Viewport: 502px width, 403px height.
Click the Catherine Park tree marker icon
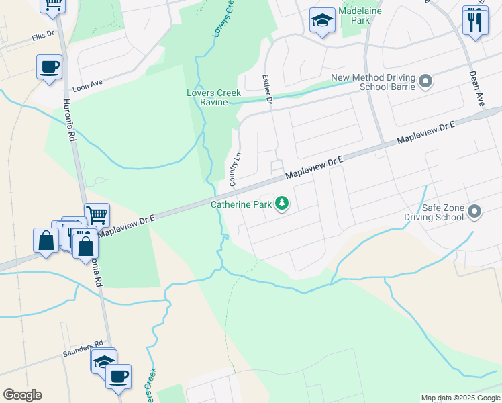[283, 204]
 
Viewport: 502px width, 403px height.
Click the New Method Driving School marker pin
[425, 83]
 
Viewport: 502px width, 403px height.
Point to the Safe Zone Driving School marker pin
[474, 212]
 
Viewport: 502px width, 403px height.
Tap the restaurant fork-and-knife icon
[475, 21]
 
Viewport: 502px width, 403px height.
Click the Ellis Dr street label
[42, 38]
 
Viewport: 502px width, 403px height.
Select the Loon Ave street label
[87, 83]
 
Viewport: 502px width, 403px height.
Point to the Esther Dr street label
[266, 89]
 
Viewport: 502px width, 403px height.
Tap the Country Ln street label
[235, 169]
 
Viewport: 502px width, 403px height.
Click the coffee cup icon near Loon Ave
[50, 67]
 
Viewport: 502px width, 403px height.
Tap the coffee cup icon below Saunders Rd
[119, 376]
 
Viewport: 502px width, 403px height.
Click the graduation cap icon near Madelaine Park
[323, 20]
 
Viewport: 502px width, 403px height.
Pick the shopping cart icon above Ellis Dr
[53, 4]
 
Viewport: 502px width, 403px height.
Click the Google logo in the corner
[22, 395]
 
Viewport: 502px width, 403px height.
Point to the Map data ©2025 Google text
[460, 398]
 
